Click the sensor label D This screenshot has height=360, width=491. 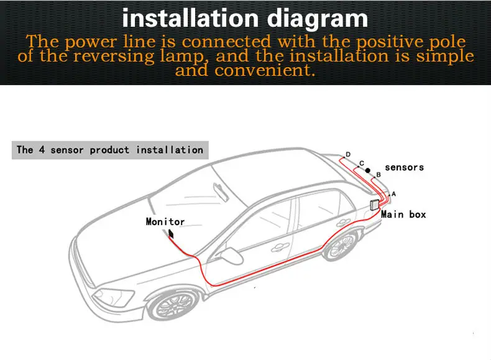[x=348, y=155]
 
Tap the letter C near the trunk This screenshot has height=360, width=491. [x=362, y=164]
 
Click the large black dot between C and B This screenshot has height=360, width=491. [x=367, y=170]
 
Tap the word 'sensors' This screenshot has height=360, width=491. [x=404, y=167]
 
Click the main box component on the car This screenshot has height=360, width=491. [x=375, y=205]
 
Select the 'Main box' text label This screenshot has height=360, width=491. [x=403, y=215]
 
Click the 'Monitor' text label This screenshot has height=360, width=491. [x=165, y=221]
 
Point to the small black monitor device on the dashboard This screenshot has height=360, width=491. [x=170, y=234]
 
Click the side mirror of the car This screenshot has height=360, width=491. [x=232, y=256]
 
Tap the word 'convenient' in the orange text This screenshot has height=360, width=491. [x=262, y=70]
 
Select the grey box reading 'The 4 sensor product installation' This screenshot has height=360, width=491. [x=110, y=150]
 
